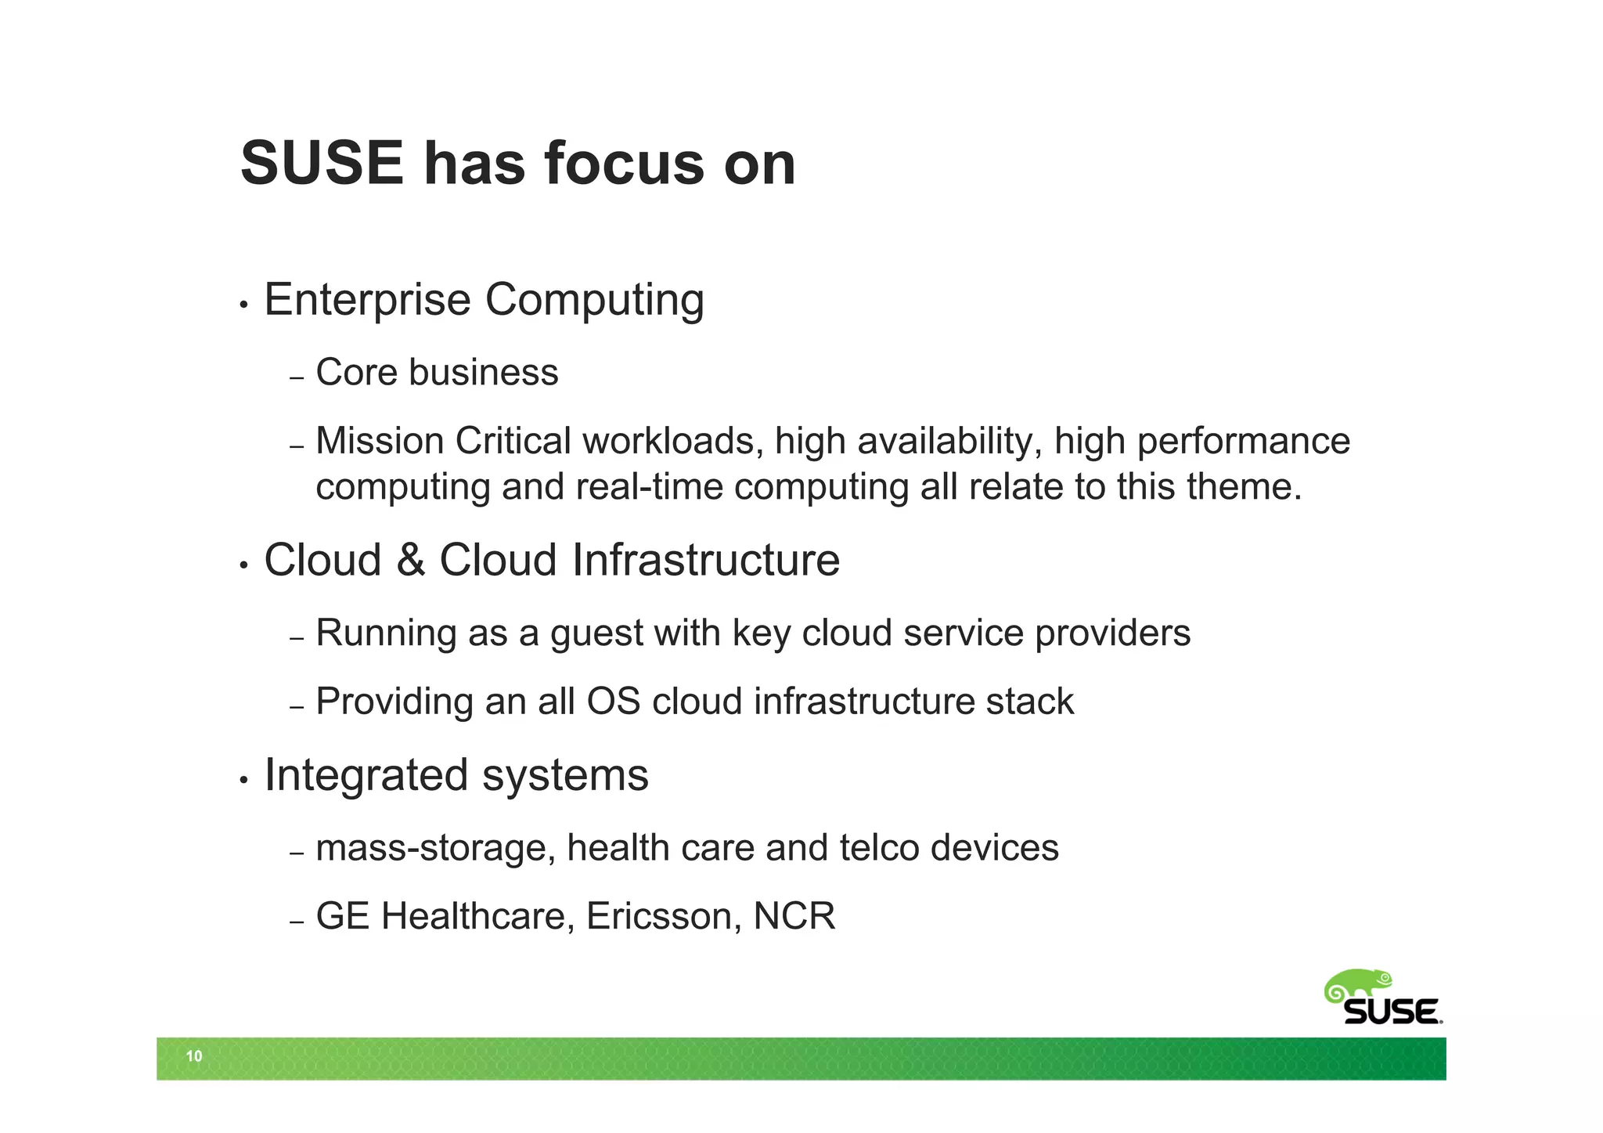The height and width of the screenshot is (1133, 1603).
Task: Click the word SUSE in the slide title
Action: click(x=322, y=164)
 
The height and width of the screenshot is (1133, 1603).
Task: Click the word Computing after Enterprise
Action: click(x=594, y=301)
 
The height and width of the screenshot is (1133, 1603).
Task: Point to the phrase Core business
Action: click(x=437, y=372)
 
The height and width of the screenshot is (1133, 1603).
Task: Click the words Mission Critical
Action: click(x=443, y=441)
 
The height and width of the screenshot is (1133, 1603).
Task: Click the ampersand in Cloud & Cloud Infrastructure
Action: click(x=410, y=561)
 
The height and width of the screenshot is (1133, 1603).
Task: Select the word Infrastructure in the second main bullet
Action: click(x=705, y=561)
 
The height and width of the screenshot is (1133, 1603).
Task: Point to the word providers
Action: click(x=1112, y=633)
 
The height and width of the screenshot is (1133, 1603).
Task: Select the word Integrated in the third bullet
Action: click(x=366, y=776)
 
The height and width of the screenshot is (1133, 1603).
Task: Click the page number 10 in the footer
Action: click(x=193, y=1056)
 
